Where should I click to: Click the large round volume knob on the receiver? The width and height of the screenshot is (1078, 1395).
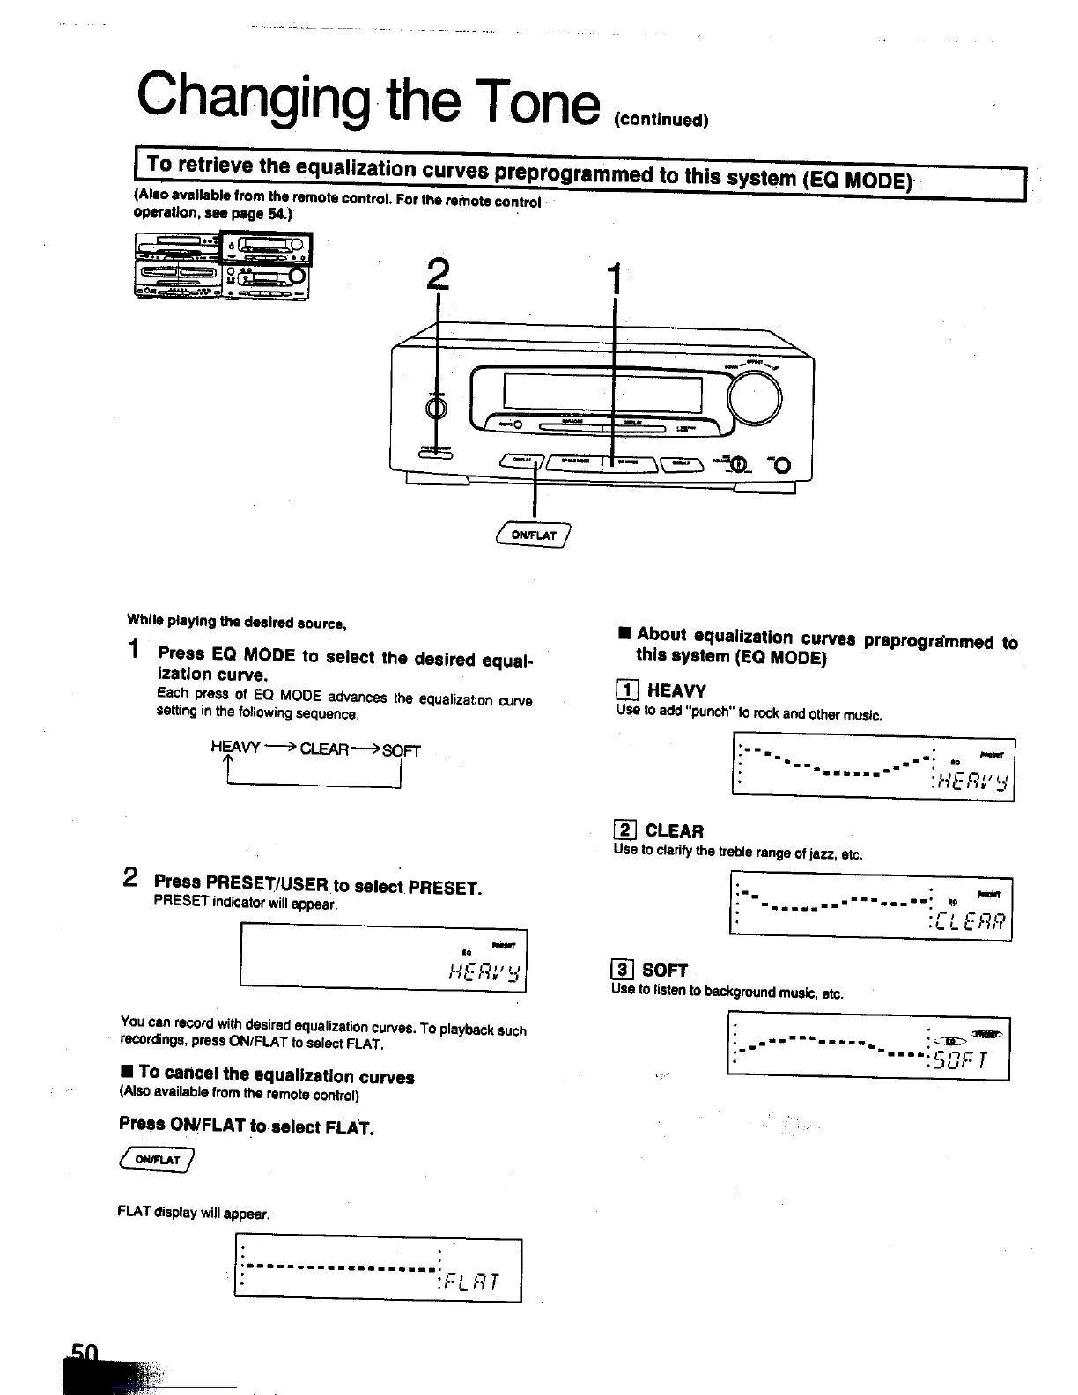tap(755, 398)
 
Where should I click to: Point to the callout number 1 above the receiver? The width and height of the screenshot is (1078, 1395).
tap(616, 279)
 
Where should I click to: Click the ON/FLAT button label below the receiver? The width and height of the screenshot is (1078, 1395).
tap(535, 535)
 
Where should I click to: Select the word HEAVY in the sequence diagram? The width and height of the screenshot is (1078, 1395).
tap(235, 747)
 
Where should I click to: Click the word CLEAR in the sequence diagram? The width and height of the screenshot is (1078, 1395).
tap(324, 749)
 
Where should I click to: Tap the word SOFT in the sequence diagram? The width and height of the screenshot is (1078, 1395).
tap(402, 750)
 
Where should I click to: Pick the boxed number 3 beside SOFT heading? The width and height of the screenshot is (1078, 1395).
tap(622, 970)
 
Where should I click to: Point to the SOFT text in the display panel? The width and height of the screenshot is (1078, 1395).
tap(962, 1061)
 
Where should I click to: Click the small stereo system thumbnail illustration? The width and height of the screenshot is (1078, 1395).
tap(223, 265)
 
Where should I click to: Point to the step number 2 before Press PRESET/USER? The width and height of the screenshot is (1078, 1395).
tap(130, 877)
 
